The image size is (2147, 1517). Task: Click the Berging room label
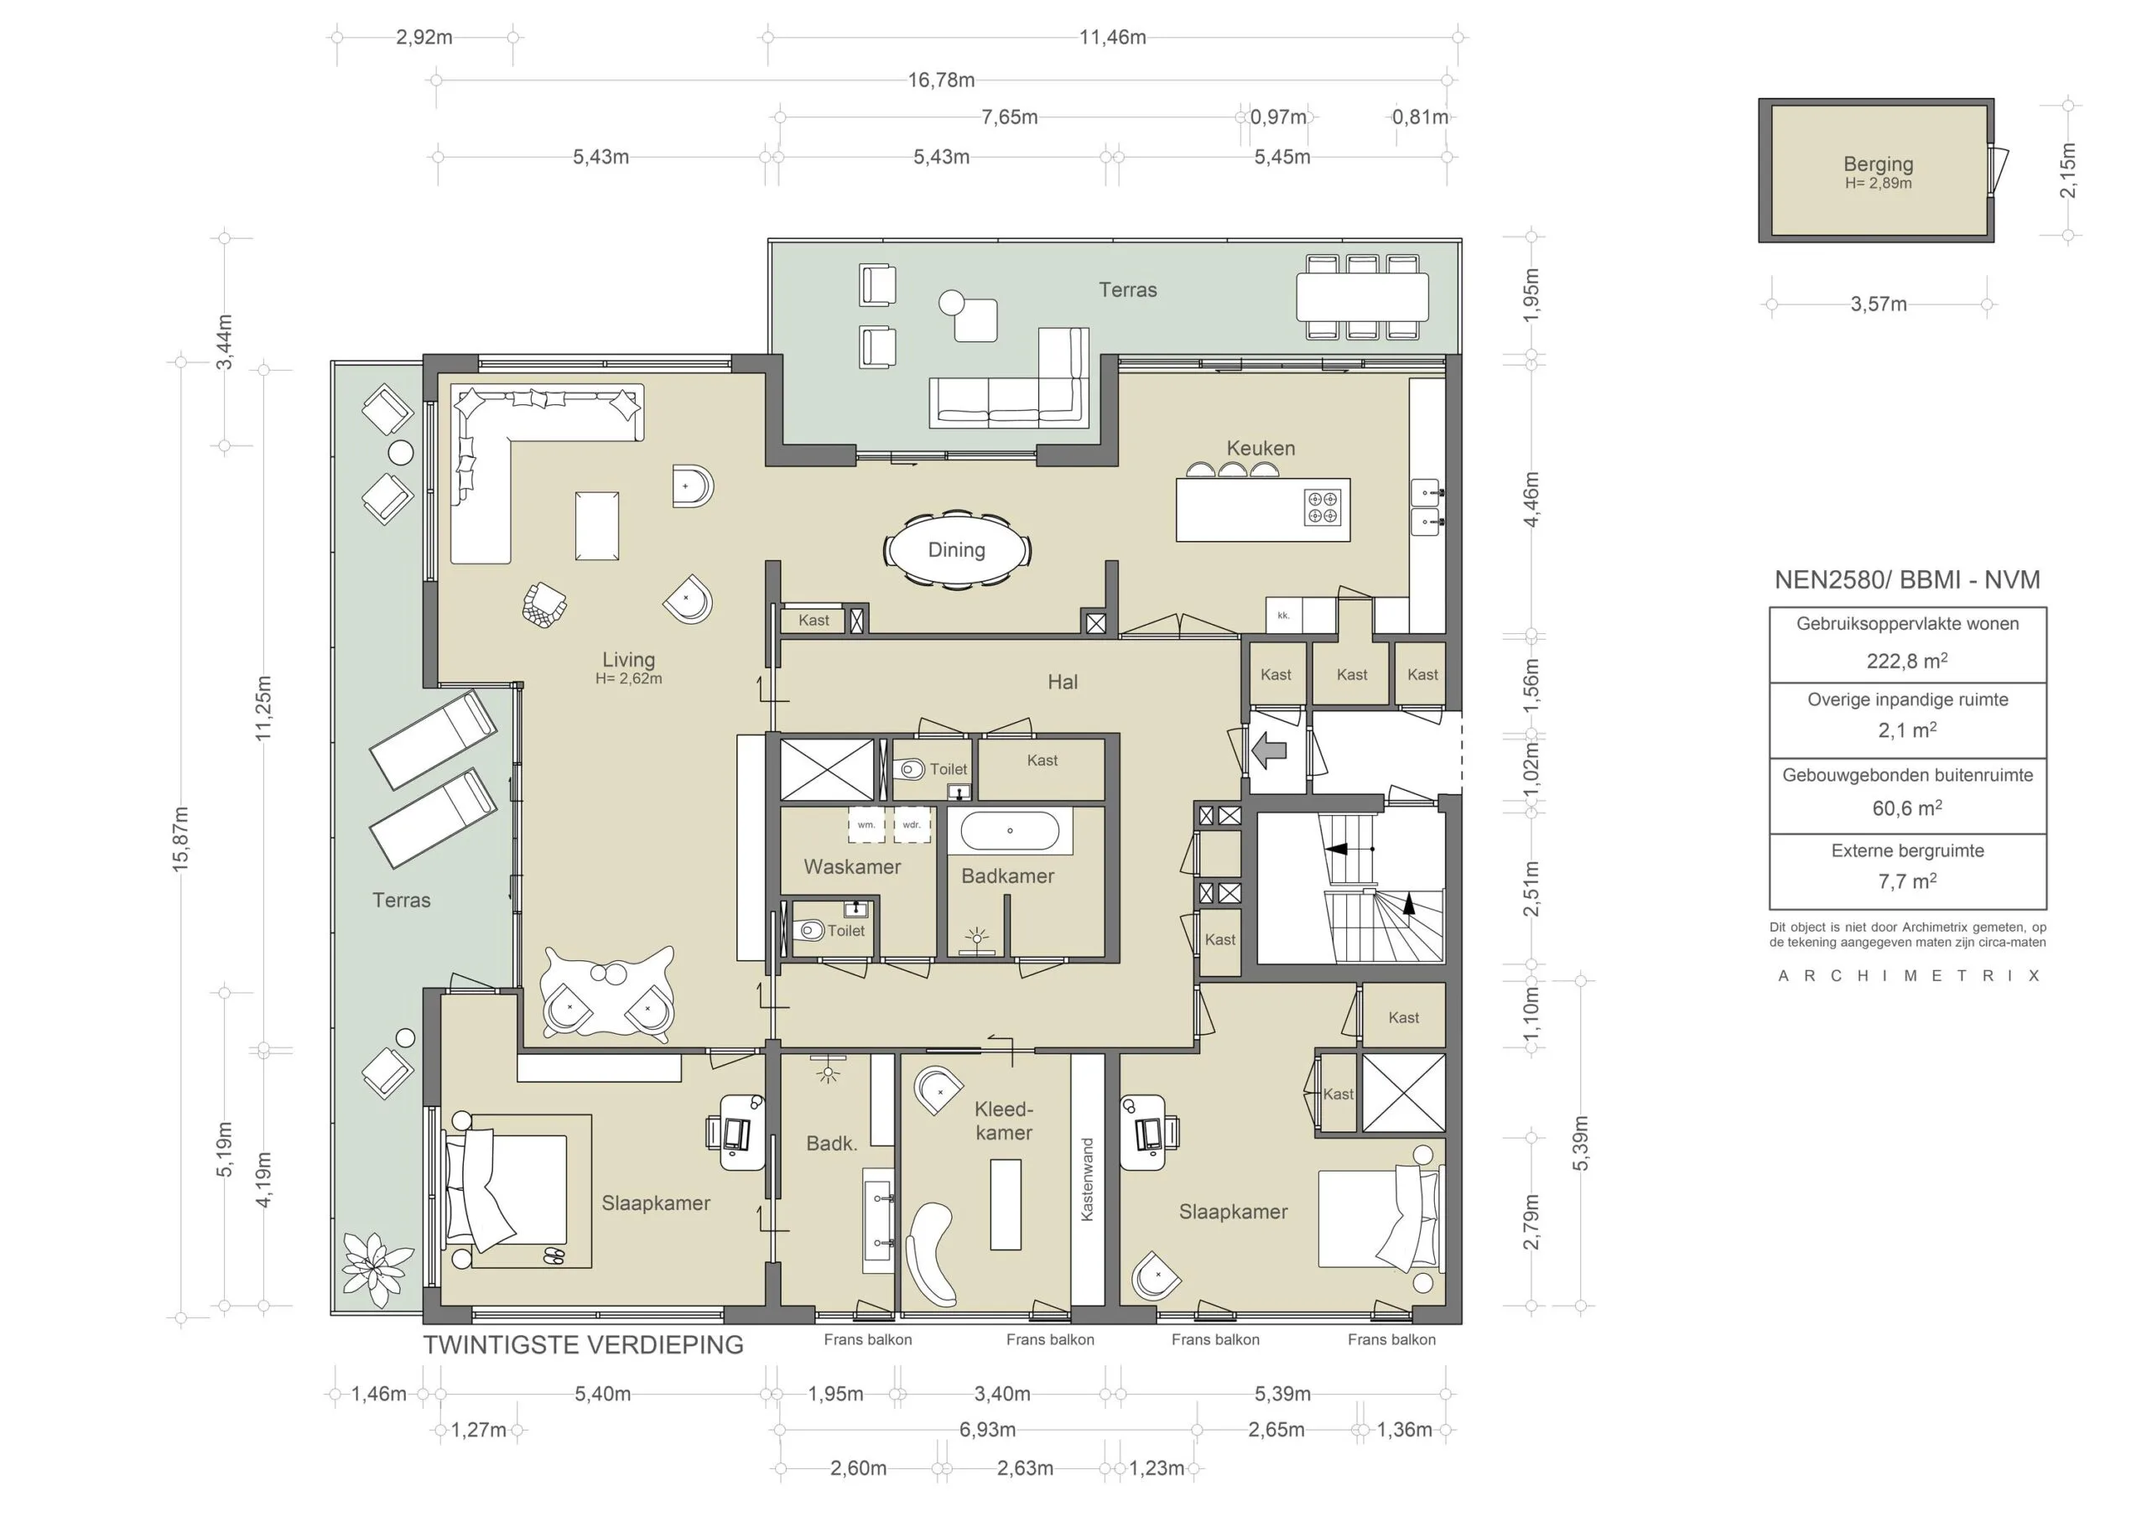1878,164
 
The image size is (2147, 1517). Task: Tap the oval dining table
957,550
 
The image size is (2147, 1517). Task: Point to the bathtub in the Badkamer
1010,830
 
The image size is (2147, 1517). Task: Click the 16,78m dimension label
941,81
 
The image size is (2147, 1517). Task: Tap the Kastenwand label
1087,1178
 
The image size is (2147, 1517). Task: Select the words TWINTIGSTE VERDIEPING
584,1345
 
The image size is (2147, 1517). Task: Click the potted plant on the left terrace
375,1268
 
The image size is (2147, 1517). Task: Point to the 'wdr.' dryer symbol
912,825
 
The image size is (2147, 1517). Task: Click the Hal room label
1063,682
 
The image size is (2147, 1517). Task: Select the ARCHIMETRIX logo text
1909,975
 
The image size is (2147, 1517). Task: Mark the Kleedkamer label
1003,1120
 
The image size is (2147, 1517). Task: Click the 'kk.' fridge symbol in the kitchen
1284,616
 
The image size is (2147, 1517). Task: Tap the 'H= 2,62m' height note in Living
628,679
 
